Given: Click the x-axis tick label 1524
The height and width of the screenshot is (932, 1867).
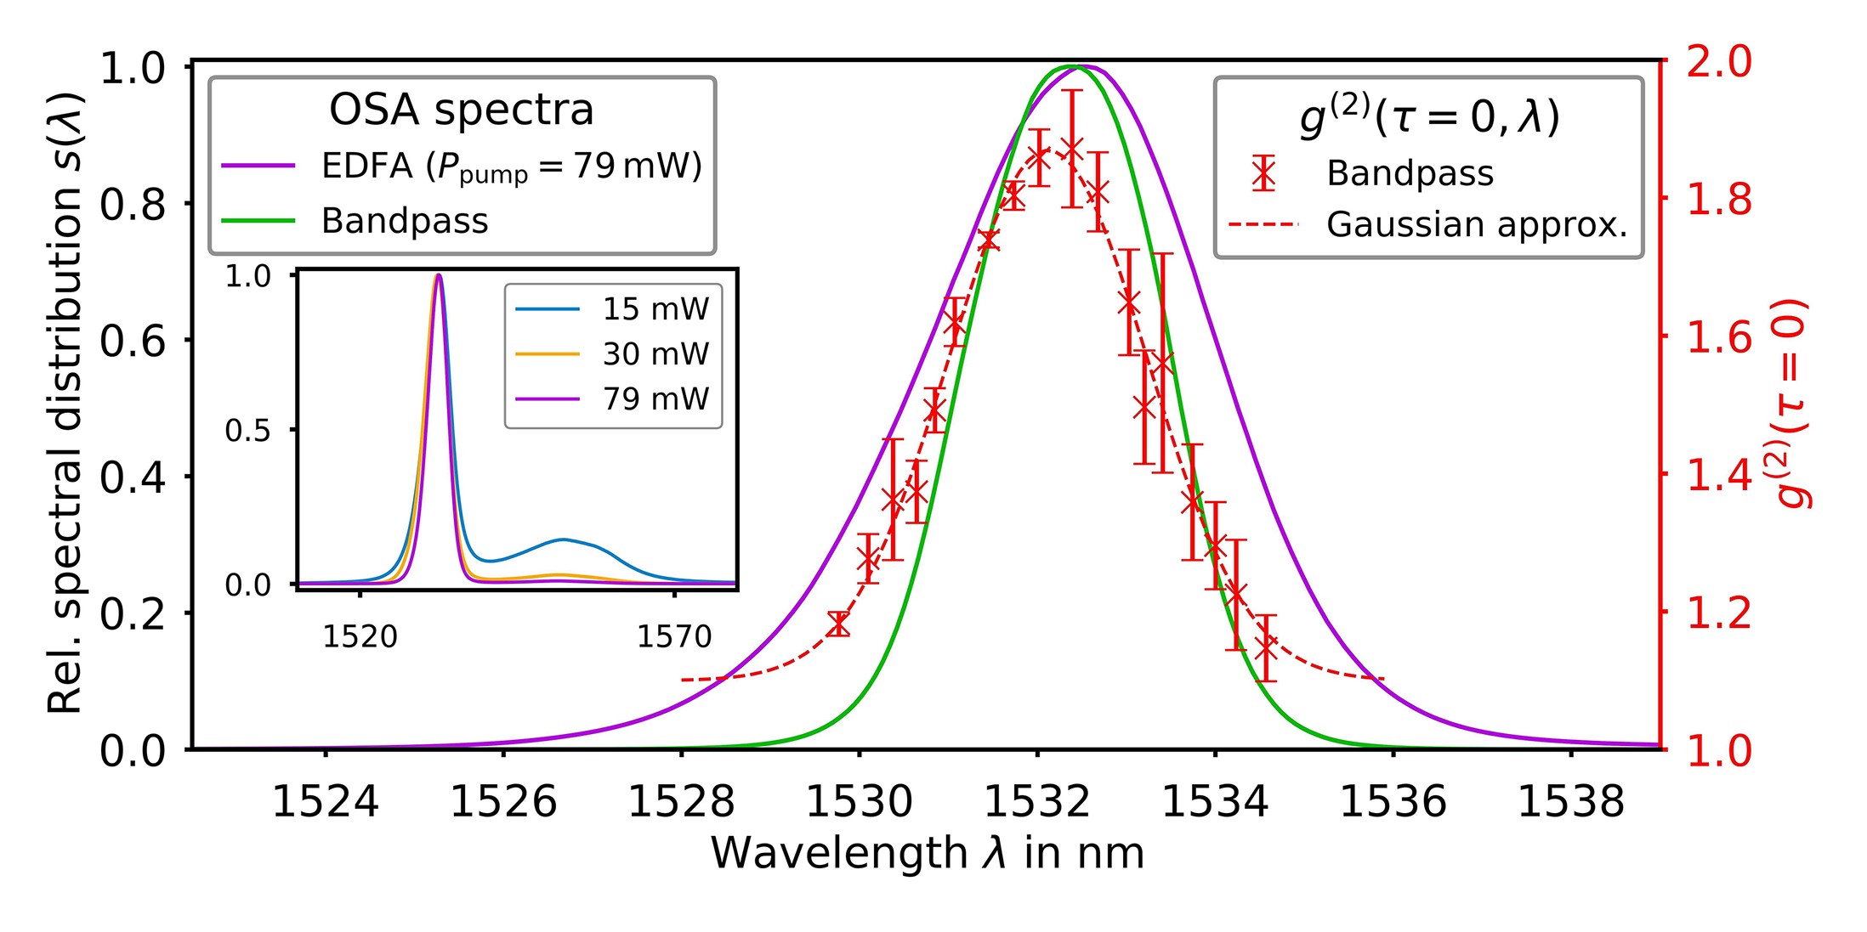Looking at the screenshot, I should point(325,802).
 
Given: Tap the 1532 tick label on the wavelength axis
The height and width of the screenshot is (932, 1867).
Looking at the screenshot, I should point(1036,802).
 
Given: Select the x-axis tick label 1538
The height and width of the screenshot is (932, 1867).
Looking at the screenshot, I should point(1570,802).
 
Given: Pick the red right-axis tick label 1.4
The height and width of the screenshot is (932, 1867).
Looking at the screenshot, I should point(1718,476).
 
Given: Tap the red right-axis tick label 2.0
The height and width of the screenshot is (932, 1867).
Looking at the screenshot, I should point(1718,63).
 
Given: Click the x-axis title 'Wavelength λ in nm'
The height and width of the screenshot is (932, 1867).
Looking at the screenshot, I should point(927,853).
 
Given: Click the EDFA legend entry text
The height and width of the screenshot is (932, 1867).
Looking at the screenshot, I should point(511,167).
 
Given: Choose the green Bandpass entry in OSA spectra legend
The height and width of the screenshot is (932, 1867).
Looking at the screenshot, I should point(405,221).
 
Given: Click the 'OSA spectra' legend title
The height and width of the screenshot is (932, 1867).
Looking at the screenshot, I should point(461,110).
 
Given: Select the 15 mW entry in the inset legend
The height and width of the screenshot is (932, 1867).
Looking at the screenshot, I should point(655,309).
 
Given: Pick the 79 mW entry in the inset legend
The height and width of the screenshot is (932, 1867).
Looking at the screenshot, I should point(655,398).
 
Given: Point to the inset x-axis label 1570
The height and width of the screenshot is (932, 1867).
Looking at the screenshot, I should point(674,636).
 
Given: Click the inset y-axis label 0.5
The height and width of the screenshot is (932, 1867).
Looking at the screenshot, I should point(247,431).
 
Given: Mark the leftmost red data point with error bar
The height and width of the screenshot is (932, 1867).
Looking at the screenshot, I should point(838,624).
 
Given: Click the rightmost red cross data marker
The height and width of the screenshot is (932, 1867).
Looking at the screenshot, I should point(1267,649).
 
